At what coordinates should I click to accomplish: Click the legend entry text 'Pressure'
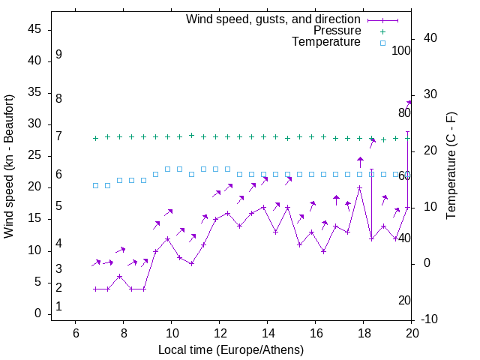click(x=337, y=31)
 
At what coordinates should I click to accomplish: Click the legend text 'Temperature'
click(x=326, y=42)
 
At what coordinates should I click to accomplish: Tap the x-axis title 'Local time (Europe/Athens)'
click(x=231, y=350)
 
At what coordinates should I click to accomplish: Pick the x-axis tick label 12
click(x=219, y=333)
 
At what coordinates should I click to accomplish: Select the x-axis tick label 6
click(x=75, y=333)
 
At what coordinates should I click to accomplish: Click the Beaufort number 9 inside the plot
click(x=58, y=55)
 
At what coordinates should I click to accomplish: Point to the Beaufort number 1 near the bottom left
click(x=58, y=307)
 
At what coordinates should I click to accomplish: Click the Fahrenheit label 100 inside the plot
click(x=401, y=50)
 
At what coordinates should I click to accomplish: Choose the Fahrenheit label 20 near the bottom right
click(x=404, y=300)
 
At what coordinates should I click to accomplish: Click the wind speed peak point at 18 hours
click(x=360, y=188)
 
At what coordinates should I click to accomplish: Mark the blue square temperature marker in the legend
click(x=382, y=43)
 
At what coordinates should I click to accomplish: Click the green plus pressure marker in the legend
click(x=382, y=31)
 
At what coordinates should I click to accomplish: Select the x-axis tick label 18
click(x=363, y=333)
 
